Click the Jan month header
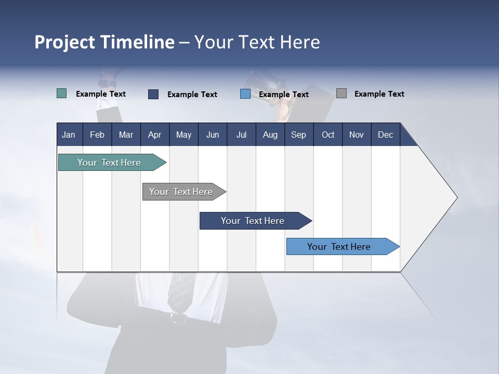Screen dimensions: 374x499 coord(69,135)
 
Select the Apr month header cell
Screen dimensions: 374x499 coord(154,135)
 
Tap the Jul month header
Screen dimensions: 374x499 coord(241,135)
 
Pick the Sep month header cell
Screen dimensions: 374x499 coord(298,135)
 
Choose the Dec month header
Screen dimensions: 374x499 coord(385,135)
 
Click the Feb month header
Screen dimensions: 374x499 coord(97,135)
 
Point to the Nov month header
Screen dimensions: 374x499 coord(356,135)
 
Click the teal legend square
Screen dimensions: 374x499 coord(61,94)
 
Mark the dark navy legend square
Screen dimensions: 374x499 coord(153,94)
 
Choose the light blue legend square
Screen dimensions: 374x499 coord(245,94)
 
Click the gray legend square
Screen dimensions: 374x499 coord(342,94)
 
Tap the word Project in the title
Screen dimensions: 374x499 coord(65,42)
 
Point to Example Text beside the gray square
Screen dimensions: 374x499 coord(379,94)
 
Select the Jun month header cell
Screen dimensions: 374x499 coord(212,135)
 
